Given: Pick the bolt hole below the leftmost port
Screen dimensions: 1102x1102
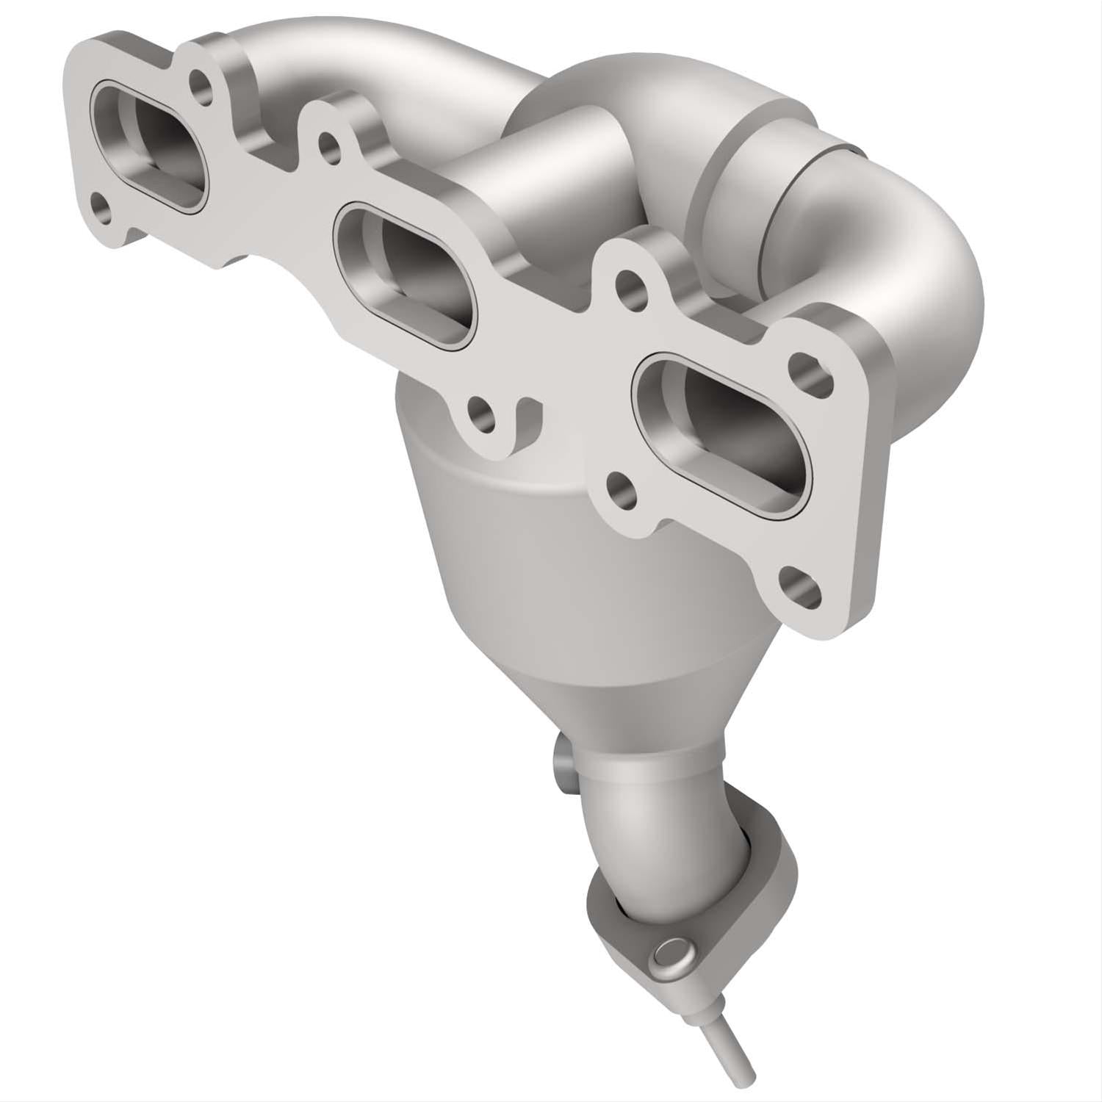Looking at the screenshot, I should pyautogui.click(x=102, y=210).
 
